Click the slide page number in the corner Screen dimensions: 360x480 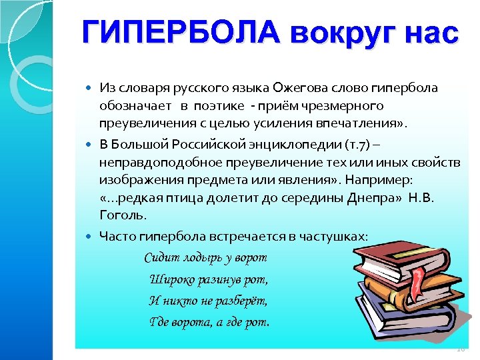click(460, 349)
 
